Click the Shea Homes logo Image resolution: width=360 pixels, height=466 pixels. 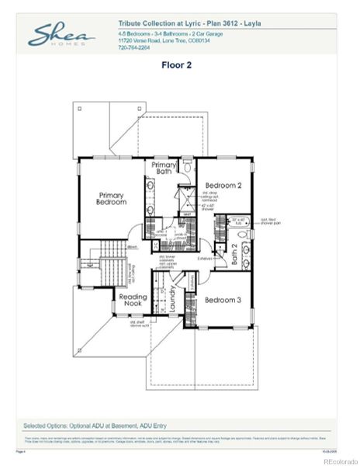[61, 36]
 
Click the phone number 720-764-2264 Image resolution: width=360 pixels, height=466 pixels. [134, 47]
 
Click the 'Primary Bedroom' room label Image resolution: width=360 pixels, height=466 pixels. [111, 198]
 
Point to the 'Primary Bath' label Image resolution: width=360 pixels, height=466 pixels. [164, 169]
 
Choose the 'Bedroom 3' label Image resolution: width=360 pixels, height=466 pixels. [223, 300]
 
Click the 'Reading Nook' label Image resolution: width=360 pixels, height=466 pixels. [133, 301]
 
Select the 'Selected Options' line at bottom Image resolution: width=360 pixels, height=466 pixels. [99, 426]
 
